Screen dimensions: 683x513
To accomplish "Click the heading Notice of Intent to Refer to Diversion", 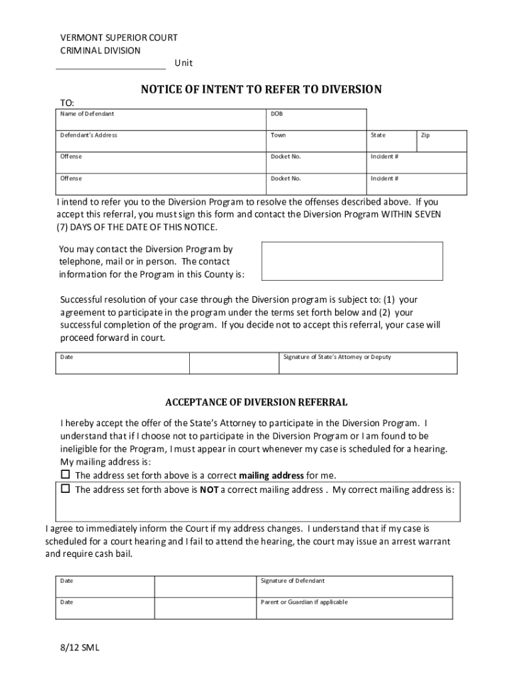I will (x=260, y=89).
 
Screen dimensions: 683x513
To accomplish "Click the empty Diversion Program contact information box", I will (x=352, y=261).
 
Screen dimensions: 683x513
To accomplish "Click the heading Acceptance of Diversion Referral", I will (x=256, y=403).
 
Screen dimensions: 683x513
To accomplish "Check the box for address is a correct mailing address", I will (x=65, y=474).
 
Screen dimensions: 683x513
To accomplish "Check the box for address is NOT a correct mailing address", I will (x=65, y=488).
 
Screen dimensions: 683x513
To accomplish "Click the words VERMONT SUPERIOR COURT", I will (x=119, y=37).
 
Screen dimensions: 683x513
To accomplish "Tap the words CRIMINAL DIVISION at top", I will (x=101, y=50).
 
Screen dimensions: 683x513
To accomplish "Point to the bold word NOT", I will (x=209, y=490).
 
